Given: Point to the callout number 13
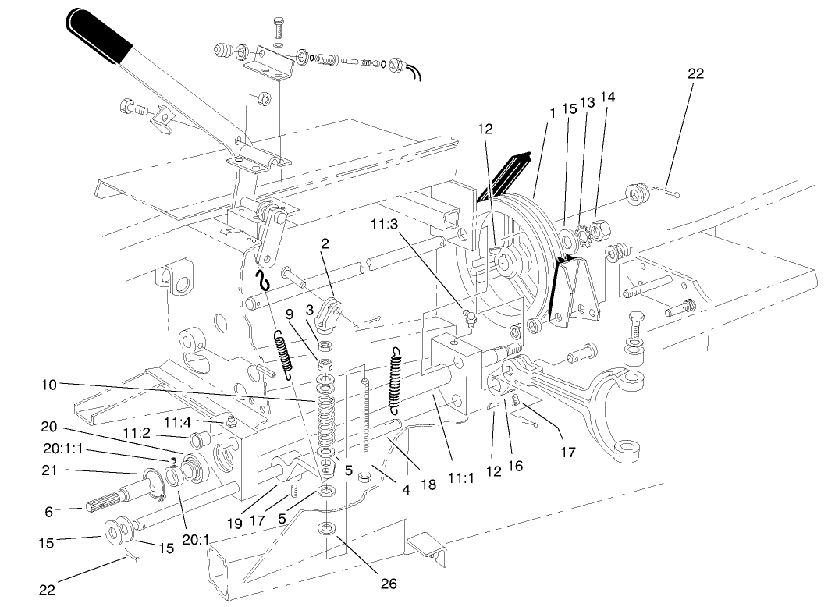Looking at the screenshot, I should coord(587,101).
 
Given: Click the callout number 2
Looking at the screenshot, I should coord(325,243).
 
